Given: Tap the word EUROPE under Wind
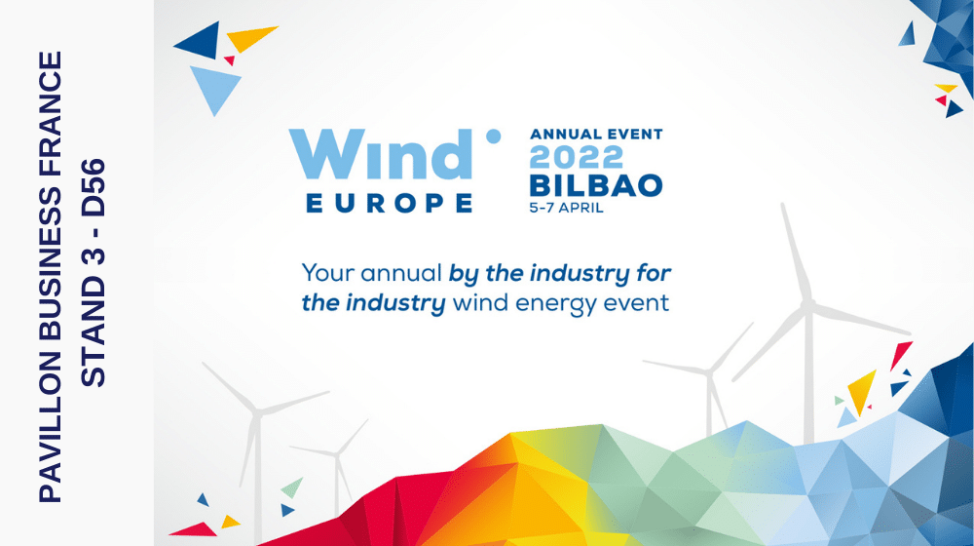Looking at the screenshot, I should pos(390,204).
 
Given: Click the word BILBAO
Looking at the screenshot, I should pos(595,185).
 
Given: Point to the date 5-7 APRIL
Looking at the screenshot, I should pos(569,208).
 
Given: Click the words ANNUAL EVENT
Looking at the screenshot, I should pos(595,134).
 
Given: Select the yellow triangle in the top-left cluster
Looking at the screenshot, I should pos(250,38).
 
